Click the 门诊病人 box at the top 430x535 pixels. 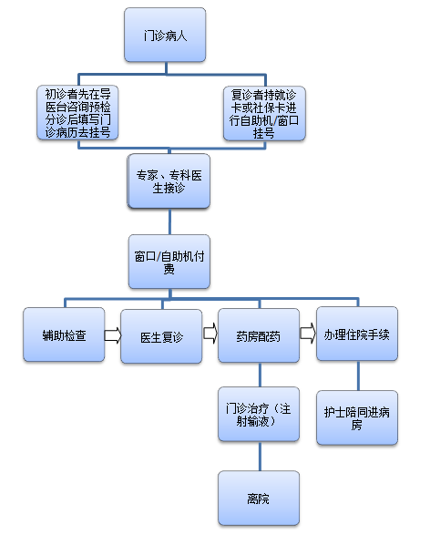tap(165, 35)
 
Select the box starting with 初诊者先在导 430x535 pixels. tap(77, 113)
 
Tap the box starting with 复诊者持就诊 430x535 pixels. tap(264, 113)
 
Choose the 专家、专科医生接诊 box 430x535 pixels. tap(169, 181)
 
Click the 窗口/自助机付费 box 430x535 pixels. tap(169, 262)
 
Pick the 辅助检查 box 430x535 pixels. tap(64, 334)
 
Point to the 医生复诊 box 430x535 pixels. tap(161, 336)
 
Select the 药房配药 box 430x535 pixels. tap(259, 335)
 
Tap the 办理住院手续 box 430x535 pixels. tap(357, 334)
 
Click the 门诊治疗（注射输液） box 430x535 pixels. tap(259, 414)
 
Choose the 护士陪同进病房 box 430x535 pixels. tap(357, 417)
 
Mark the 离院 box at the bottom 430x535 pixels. tap(259, 499)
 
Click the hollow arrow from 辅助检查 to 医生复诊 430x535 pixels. tap(113, 335)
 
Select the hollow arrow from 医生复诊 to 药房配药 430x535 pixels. tap(210, 333)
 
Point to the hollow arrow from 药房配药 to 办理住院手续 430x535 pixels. tap(308, 333)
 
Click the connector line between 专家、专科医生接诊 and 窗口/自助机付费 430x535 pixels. tap(169, 221)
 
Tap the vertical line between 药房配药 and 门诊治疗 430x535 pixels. tap(260, 375)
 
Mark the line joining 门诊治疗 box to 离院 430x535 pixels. tap(260, 457)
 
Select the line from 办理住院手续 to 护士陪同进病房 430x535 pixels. tap(358, 376)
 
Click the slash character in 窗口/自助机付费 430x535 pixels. tap(159, 257)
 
